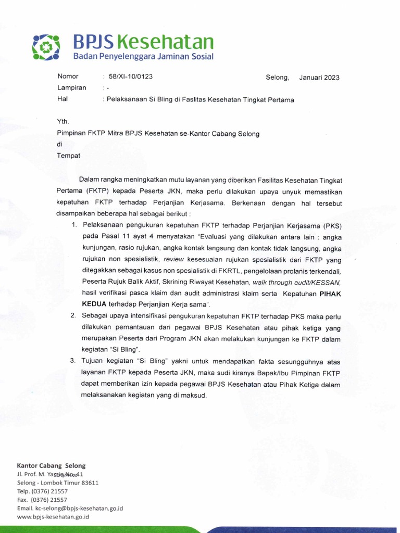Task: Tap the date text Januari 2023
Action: tap(319, 78)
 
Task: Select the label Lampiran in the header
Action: tap(72, 88)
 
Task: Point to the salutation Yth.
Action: tap(63, 121)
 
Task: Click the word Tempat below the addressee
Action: tap(68, 155)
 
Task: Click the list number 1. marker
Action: tap(74, 225)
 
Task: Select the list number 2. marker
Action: tap(74, 315)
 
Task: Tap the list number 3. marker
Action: tap(74, 361)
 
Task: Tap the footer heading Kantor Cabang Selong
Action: tap(51, 465)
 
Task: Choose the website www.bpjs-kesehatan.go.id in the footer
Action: tap(53, 517)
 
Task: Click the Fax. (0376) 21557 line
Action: tap(42, 500)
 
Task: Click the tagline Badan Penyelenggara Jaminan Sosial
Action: tap(142, 56)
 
